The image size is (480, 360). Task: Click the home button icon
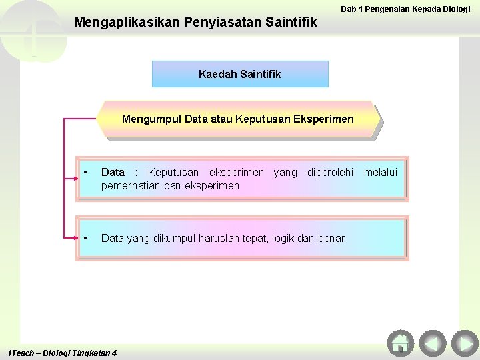[x=401, y=343]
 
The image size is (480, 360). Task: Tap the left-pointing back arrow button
[x=433, y=343]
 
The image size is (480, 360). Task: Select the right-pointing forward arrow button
[x=465, y=343]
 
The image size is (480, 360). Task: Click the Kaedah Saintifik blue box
[x=240, y=74]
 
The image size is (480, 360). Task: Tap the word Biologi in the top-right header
[x=455, y=9]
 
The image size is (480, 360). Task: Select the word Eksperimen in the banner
[x=323, y=119]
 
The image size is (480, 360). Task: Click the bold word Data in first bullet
[x=113, y=173]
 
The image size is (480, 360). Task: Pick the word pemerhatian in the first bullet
[x=130, y=185]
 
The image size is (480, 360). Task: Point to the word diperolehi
[x=331, y=173]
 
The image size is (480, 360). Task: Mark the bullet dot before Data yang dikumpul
[x=86, y=238]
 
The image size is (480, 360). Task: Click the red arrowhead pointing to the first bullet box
[x=73, y=179]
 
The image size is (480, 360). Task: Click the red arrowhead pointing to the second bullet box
[x=73, y=237]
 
